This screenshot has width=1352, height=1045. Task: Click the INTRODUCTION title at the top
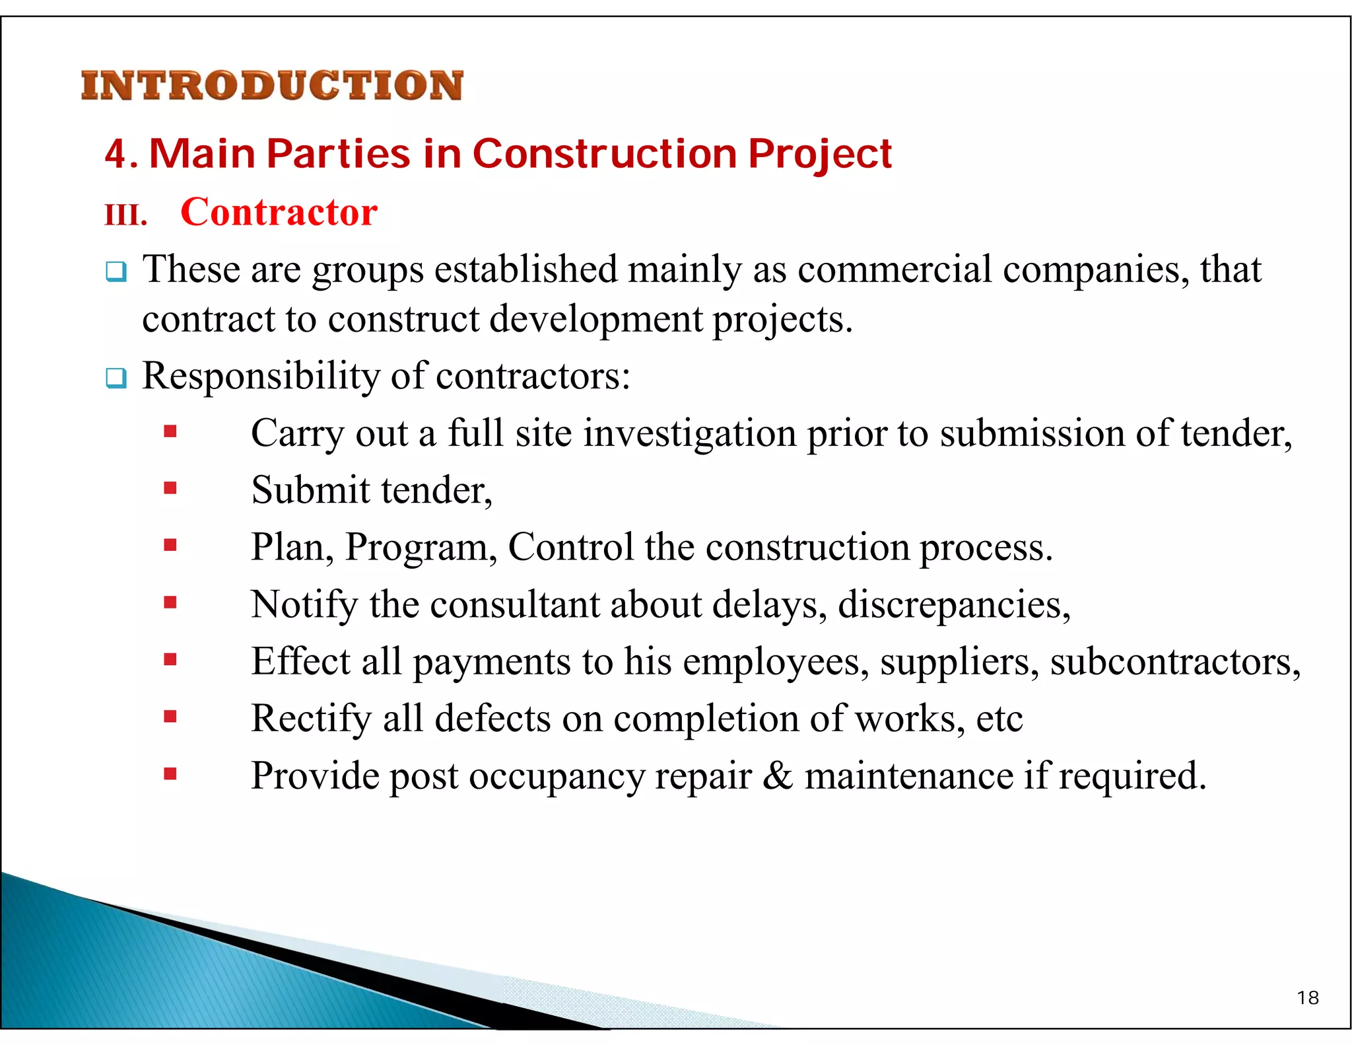pyautogui.click(x=272, y=86)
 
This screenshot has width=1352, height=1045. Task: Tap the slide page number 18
pyautogui.click(x=1307, y=998)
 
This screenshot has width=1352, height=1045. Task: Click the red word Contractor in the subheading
pyautogui.click(x=279, y=213)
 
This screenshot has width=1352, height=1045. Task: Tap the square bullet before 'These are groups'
pyautogui.click(x=116, y=271)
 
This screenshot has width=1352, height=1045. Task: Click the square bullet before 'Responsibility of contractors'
pyautogui.click(x=116, y=378)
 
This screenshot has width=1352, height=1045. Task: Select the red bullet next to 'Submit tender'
pyautogui.click(x=170, y=489)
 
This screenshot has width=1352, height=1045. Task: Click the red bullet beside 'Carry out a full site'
pyautogui.click(x=170, y=432)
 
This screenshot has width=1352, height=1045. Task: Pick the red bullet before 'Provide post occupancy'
pyautogui.click(x=170, y=774)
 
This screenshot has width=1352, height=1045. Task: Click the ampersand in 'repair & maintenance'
pyautogui.click(x=778, y=775)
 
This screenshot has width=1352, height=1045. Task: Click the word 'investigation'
pyautogui.click(x=690, y=434)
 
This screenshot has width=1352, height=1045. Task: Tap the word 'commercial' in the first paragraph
pyautogui.click(x=895, y=270)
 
